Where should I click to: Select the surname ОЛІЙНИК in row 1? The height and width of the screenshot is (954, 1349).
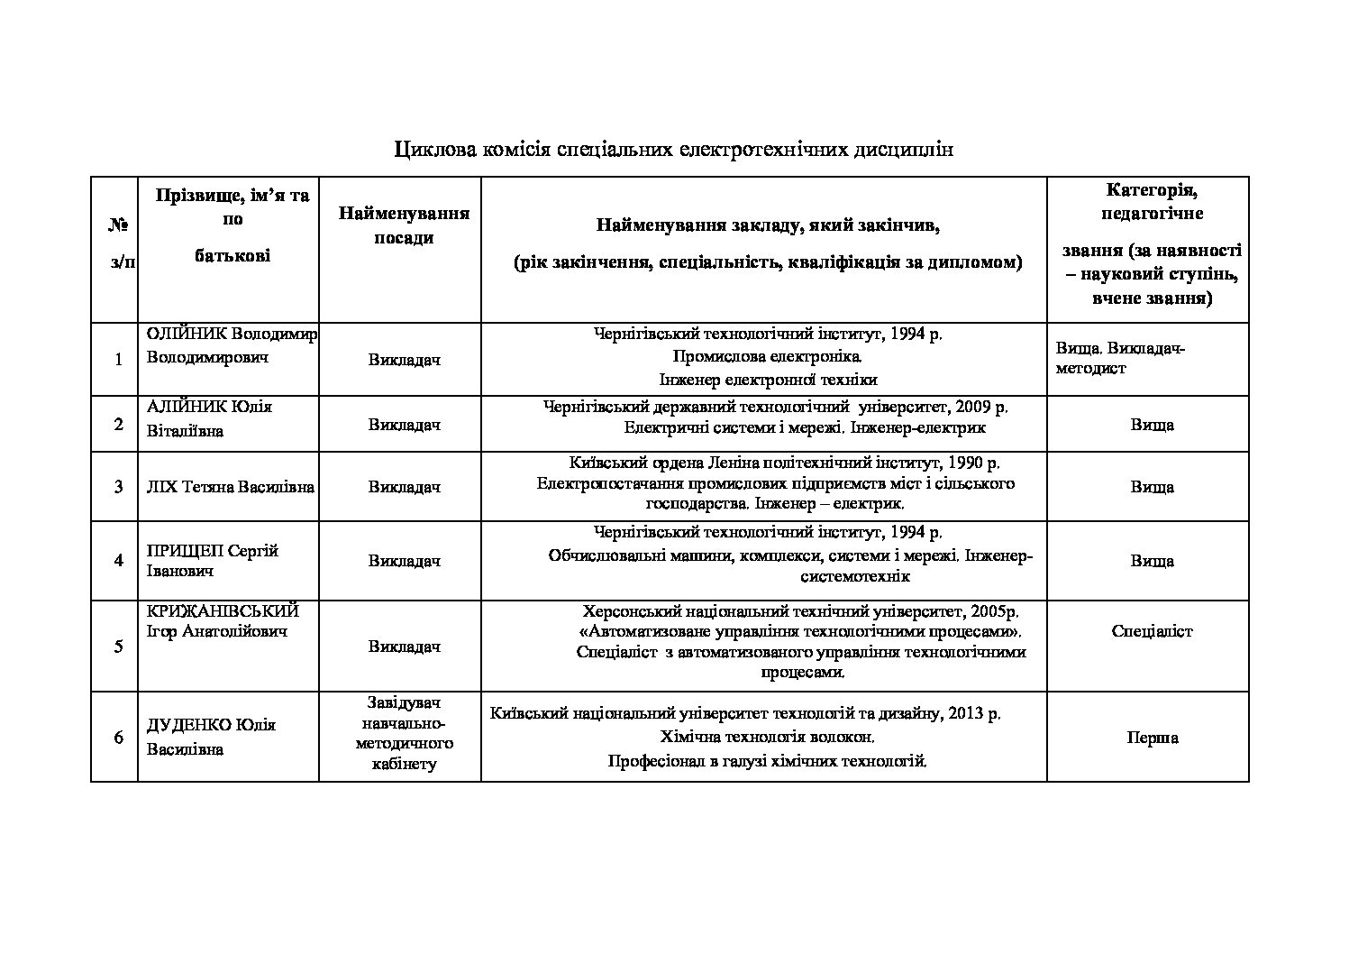181,335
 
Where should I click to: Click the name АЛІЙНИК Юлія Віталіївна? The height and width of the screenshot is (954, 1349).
209,418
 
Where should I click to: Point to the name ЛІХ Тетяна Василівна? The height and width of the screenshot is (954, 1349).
230,487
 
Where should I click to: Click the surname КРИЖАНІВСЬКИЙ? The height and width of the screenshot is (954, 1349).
223,610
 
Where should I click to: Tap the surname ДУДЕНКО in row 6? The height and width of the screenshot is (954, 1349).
188,725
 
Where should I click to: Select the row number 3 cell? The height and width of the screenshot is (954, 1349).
118,487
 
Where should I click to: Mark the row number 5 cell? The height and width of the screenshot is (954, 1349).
118,647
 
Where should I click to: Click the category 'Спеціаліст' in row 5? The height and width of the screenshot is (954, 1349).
1152,631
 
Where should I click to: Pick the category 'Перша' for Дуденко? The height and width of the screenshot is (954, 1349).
1152,738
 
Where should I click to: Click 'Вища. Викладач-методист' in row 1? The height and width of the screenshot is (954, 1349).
1120,358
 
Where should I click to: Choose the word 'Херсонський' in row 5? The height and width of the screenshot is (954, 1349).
626,610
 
